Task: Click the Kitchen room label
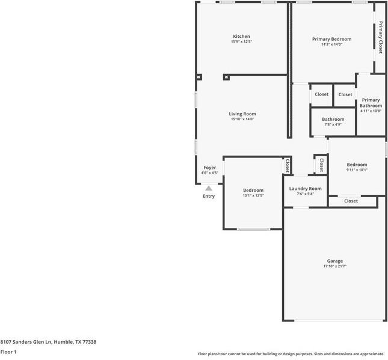[x=241, y=37]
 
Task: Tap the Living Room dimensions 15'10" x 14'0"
[x=242, y=119]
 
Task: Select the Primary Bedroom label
[x=331, y=39]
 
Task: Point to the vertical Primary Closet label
[x=380, y=37]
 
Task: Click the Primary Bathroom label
[x=371, y=103]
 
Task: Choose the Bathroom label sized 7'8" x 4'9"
[x=333, y=119]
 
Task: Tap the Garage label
[x=335, y=261]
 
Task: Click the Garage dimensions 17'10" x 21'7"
[x=335, y=266]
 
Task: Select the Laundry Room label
[x=305, y=189]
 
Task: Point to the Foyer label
[x=209, y=168]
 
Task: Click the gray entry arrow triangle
[x=209, y=188]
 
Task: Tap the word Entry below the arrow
[x=209, y=196]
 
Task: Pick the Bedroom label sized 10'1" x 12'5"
[x=253, y=190]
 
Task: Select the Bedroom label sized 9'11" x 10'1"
[x=357, y=165]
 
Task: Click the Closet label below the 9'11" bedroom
[x=351, y=201]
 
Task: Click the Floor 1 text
[x=8, y=352]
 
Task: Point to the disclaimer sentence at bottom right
[x=291, y=354]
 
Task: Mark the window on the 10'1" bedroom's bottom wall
[x=253, y=229]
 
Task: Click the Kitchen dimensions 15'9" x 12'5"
[x=241, y=42]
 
